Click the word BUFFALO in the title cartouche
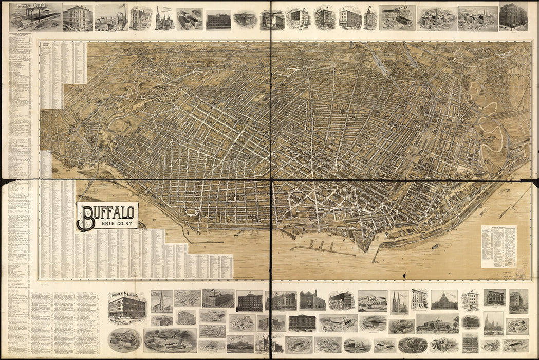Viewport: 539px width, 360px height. [110, 210]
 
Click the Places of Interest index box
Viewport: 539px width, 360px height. [498, 246]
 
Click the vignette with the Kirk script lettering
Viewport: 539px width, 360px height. [443, 345]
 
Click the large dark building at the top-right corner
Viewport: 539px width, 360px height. [513, 16]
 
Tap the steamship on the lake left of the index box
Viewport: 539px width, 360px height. [435, 246]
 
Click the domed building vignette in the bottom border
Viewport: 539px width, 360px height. [444, 300]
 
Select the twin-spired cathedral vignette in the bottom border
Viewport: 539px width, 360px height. [399, 302]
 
